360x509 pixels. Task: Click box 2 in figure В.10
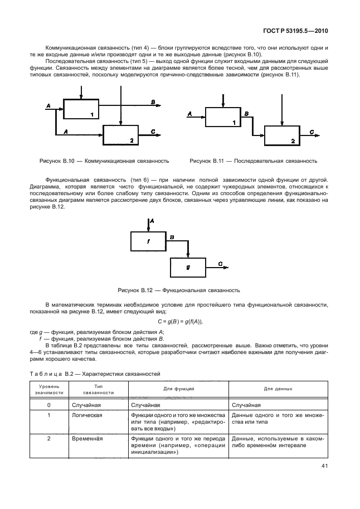coord(121,134)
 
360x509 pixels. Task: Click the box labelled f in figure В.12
coord(148,242)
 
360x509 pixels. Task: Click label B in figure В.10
coord(153,101)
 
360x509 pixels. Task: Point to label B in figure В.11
coord(247,114)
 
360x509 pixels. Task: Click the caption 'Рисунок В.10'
coord(104,161)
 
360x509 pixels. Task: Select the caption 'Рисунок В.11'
coord(253,161)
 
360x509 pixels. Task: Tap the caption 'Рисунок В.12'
coord(178,290)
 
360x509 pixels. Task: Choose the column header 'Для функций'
coord(178,389)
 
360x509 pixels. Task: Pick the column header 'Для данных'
coord(278,389)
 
